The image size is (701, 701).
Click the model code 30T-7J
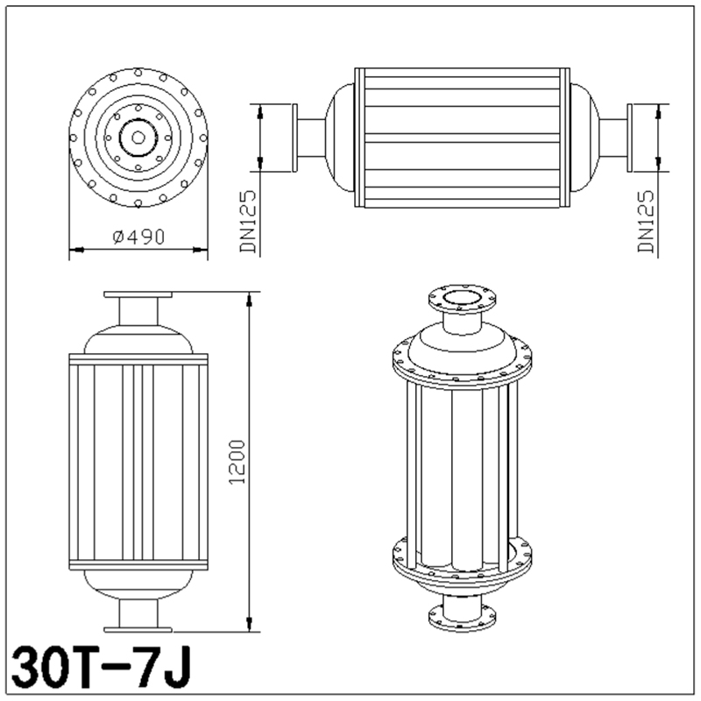[100, 669]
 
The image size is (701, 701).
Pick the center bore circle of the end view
[138, 136]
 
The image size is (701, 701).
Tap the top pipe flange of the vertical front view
[138, 294]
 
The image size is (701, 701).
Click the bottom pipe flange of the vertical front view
[138, 627]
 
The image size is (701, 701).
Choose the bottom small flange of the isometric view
[462, 615]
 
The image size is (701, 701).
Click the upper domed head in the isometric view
[462, 346]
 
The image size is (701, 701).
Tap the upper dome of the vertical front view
[138, 339]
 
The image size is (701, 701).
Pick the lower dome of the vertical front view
[138, 582]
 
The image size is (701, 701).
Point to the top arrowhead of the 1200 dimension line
[252, 298]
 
